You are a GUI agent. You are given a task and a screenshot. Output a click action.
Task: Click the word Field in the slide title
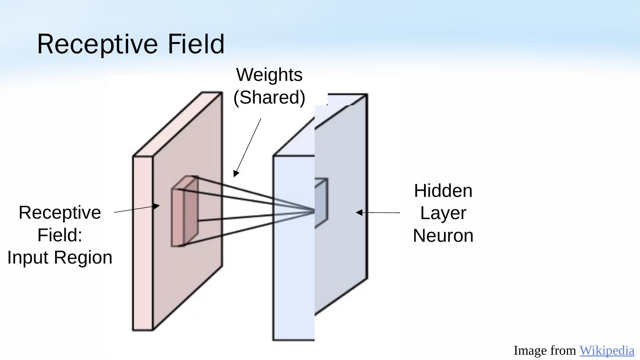196,44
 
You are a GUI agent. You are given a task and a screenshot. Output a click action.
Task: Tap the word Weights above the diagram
269,75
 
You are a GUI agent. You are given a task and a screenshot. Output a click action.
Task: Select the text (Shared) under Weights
269,98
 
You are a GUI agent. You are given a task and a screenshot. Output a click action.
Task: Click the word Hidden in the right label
443,191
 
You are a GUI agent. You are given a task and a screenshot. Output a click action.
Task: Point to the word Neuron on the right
443,236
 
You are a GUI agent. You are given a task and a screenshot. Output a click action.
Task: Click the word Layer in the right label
443,213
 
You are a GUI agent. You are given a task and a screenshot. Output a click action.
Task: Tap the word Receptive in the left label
60,212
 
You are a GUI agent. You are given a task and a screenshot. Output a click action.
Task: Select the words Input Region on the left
60,258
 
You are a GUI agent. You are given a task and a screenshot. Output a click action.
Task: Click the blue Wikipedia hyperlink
607,351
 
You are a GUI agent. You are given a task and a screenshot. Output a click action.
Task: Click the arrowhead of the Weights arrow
236,174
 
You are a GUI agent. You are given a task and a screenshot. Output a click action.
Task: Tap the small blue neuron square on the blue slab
321,203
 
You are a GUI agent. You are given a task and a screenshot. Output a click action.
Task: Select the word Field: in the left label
60,235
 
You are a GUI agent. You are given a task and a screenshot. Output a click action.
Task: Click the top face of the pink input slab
178,124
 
